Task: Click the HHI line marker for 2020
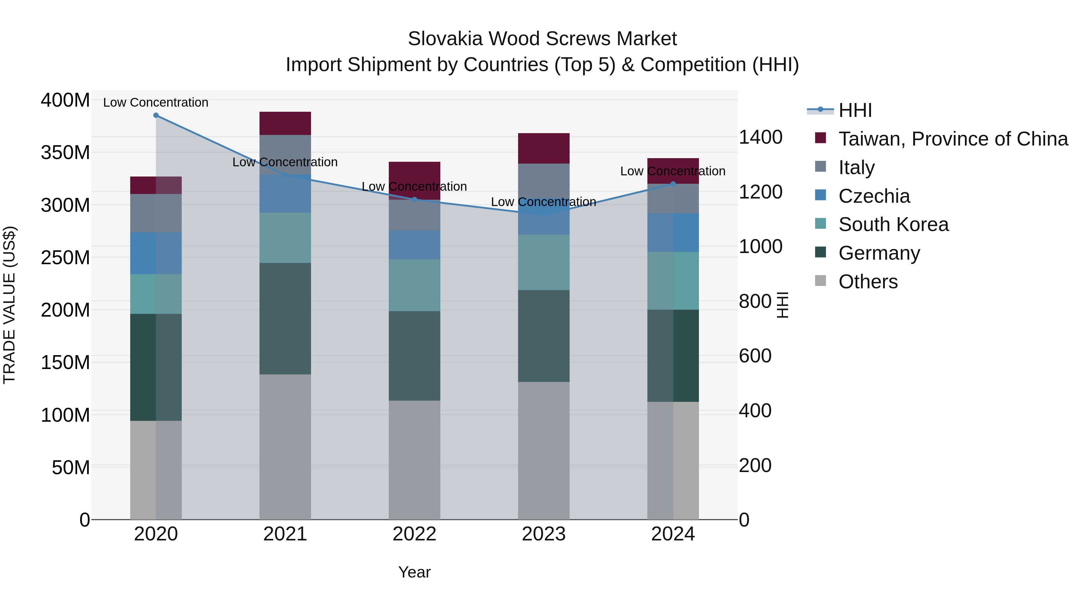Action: [x=156, y=115]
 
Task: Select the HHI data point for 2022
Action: [x=414, y=199]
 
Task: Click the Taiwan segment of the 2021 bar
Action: [x=285, y=123]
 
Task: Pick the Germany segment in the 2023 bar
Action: [x=544, y=336]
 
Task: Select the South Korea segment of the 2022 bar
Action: [x=414, y=286]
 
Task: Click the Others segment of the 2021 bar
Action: [x=285, y=446]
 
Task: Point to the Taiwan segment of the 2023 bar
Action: [x=544, y=148]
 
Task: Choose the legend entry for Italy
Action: [x=856, y=167]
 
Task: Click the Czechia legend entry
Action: [x=874, y=196]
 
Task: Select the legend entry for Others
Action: [x=868, y=282]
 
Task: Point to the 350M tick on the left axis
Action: [x=65, y=152]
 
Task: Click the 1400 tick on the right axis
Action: [x=761, y=137]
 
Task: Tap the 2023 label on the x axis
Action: [x=544, y=534]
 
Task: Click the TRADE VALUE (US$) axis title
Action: [x=9, y=305]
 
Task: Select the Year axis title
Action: [x=414, y=572]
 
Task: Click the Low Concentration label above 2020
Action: [x=156, y=102]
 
